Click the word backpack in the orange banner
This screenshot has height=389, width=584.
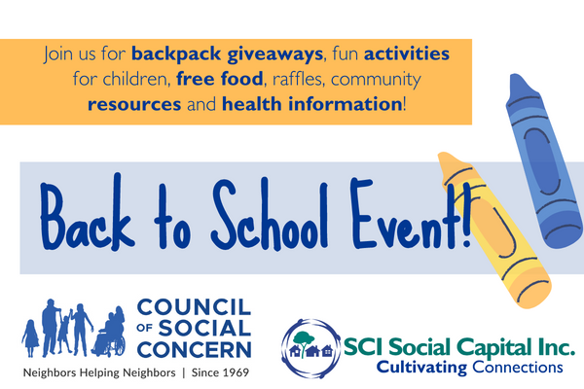coord(176,54)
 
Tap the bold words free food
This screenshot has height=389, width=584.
coord(220,79)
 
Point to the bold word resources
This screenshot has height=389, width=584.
coord(134,104)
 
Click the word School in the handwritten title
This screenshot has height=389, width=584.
coord(270,214)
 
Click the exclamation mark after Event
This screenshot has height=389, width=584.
coord(466,218)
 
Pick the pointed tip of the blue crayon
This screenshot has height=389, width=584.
coord(515,76)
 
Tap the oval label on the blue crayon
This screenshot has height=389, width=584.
coord(542,161)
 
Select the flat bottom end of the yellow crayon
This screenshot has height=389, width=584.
coord(534,292)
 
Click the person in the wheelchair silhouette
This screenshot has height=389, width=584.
coord(109,333)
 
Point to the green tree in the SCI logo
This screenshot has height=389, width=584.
coord(303,341)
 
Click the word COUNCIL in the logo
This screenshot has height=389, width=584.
coord(194,307)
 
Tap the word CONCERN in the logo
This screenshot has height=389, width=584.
coord(194,350)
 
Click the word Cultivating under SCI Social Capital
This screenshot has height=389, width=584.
coord(421,368)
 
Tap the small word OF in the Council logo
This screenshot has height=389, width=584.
coord(144,328)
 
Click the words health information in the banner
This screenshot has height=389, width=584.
coord(311,104)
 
